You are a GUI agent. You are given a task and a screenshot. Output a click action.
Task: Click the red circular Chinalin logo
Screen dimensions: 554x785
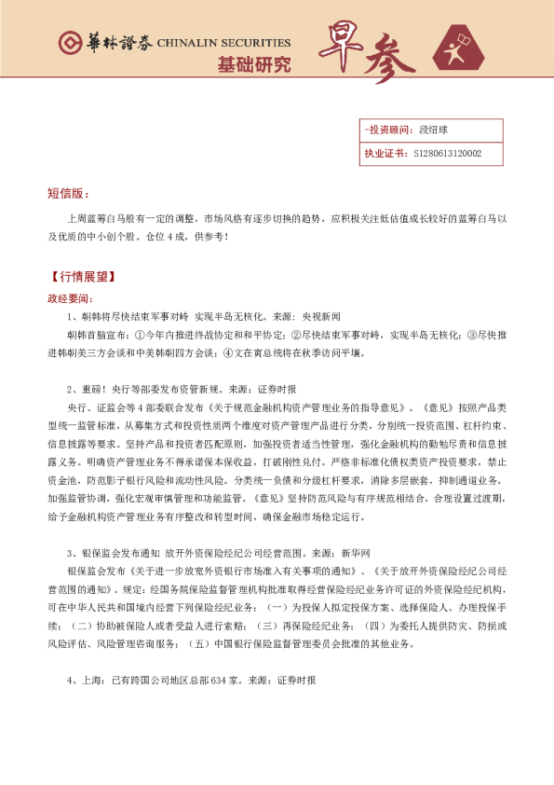(x=69, y=44)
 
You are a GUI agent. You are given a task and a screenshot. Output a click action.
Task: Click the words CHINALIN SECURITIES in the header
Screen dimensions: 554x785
(x=223, y=43)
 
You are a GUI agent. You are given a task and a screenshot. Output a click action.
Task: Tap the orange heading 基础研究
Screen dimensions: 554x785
(x=253, y=64)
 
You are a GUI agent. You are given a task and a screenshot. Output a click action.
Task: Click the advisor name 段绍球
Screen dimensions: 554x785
(x=432, y=130)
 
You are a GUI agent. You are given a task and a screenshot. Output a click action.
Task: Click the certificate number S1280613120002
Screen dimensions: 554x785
(x=447, y=152)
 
